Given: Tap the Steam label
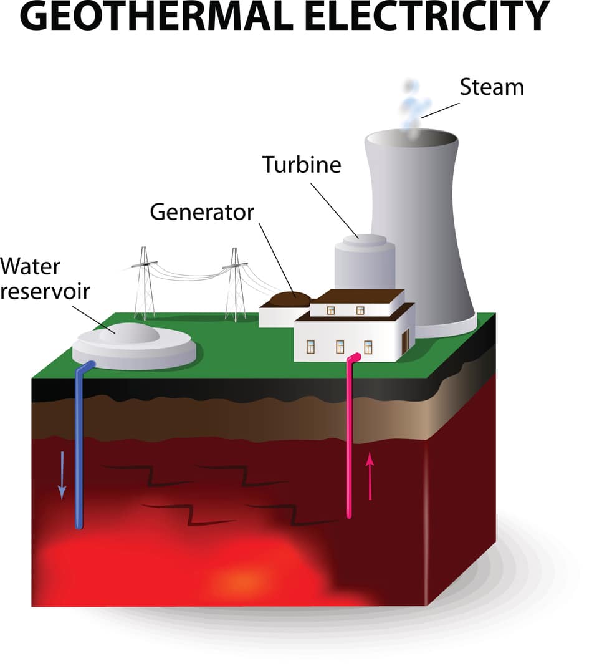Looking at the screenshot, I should click(491, 87).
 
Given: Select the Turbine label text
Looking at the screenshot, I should click(302, 165).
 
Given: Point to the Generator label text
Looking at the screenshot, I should click(202, 212).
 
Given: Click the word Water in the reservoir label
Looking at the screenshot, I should click(30, 266).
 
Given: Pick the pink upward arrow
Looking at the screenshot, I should click(370, 476).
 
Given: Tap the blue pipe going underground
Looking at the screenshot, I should click(79, 449).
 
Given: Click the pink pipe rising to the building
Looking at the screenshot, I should click(350, 437).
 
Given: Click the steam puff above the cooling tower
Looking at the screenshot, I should click(412, 106).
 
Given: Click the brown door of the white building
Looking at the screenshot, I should click(406, 340).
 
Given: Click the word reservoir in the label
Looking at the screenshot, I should click(44, 291).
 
